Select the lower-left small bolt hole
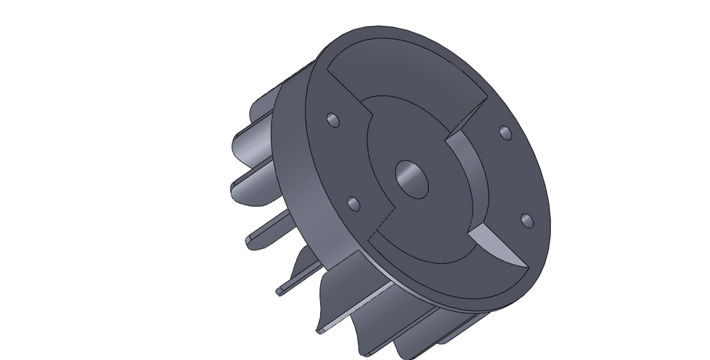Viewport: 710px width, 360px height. (x=354, y=203)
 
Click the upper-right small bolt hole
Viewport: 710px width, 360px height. (x=505, y=133)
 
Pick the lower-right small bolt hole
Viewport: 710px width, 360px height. (x=526, y=220)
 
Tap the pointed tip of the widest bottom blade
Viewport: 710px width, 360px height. (x=319, y=330)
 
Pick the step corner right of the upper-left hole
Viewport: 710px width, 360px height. (x=368, y=118)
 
